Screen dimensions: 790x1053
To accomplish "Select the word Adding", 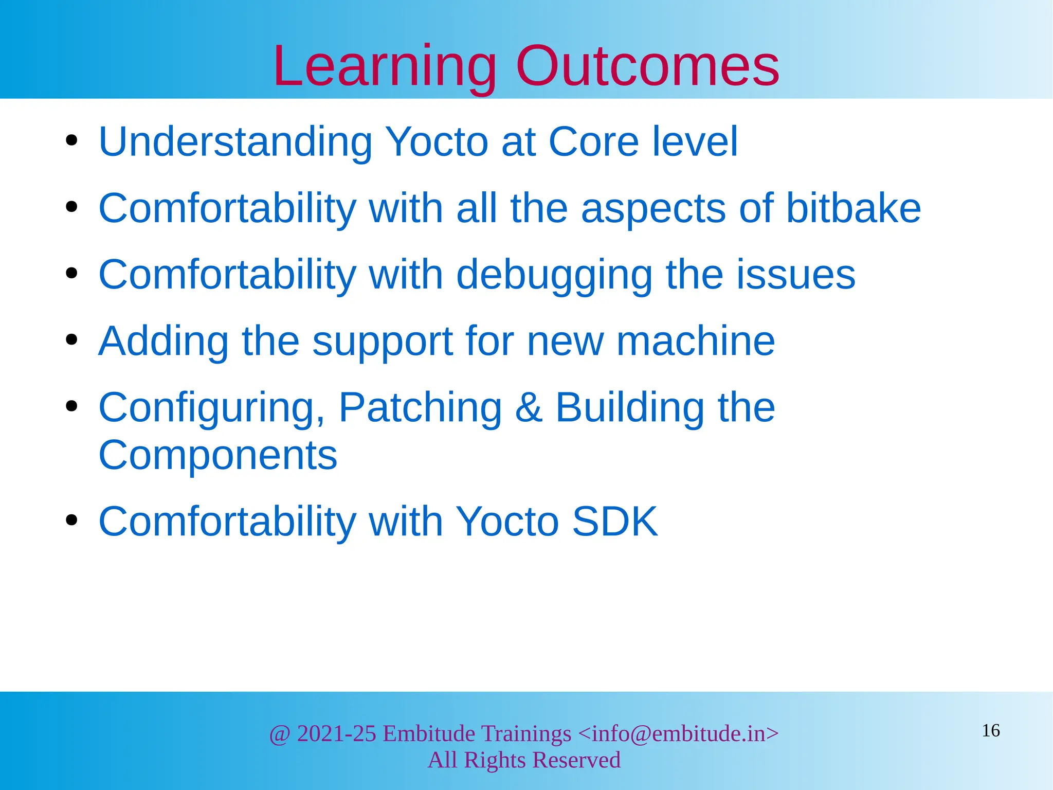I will pyautogui.click(x=164, y=342).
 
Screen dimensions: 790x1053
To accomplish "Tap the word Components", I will pyautogui.click(x=217, y=456).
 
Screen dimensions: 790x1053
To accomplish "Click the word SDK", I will pyautogui.click(x=614, y=522).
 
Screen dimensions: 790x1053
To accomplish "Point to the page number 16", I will pyautogui.click(x=990, y=730).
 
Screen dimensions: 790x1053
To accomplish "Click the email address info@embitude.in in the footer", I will pyautogui.click(x=678, y=733).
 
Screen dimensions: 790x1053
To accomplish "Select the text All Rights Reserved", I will pyautogui.click(x=524, y=760).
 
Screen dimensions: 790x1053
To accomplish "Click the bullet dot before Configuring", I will pyautogui.click(x=71, y=406).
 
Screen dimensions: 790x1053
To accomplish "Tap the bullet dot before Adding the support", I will pyautogui.click(x=71, y=340).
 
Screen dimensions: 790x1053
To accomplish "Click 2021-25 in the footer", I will pyautogui.click(x=336, y=733).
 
